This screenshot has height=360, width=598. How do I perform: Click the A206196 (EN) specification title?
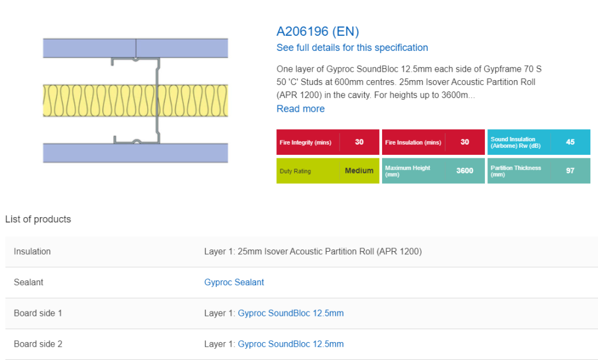[x=318, y=31]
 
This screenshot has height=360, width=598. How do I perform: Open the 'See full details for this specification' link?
[x=352, y=48]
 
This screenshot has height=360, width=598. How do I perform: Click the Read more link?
[x=301, y=109]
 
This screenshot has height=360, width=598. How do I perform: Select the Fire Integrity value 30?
[x=359, y=142]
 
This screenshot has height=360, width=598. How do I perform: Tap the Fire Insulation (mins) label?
[x=413, y=142]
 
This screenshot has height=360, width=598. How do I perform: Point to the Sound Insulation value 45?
[x=570, y=142]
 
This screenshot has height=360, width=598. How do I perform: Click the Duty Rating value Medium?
[x=359, y=170]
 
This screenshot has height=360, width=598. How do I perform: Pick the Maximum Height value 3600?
[x=465, y=170]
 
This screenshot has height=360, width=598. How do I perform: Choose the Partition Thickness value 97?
[x=570, y=170]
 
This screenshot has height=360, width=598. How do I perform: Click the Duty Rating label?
[x=295, y=171]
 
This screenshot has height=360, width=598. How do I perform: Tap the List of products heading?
[x=38, y=219]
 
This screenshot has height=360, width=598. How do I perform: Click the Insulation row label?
[x=32, y=251]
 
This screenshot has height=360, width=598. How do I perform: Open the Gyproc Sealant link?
[x=234, y=282]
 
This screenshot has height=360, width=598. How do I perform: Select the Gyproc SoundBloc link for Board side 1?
[x=291, y=313]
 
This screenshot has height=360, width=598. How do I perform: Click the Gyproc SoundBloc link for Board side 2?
[x=291, y=344]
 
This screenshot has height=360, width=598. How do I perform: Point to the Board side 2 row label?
[x=38, y=344]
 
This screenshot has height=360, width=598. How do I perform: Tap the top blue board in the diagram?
[x=135, y=48]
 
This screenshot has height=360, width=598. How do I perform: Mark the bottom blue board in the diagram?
[x=135, y=153]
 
